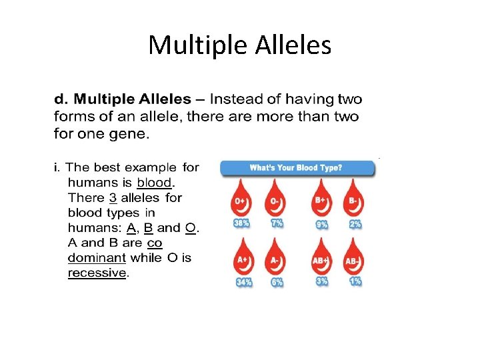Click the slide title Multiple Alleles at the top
click(239, 45)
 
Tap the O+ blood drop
click(241, 201)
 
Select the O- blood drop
click(275, 201)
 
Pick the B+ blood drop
click(321, 201)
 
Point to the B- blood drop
click(355, 201)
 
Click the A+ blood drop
click(243, 259)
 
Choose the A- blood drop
click(276, 259)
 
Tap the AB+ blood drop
click(321, 260)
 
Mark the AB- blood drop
click(354, 260)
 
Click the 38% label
click(242, 223)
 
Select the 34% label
click(244, 283)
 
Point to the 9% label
click(322, 225)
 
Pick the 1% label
click(355, 281)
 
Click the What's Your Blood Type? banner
click(296, 168)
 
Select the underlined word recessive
click(97, 273)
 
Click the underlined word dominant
click(97, 258)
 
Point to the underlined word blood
click(153, 183)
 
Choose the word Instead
click(237, 99)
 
